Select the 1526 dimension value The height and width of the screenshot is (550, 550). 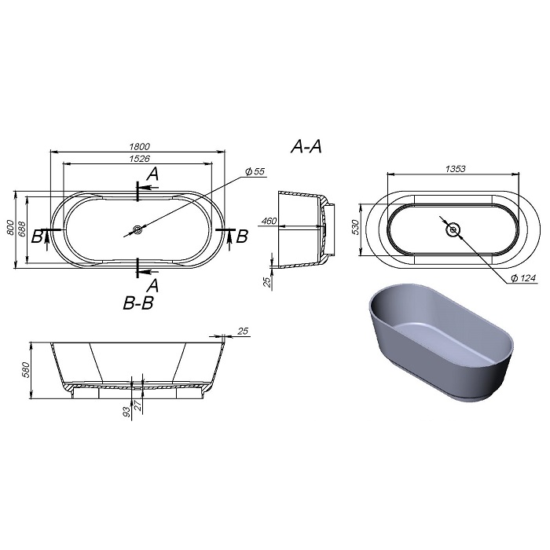140,159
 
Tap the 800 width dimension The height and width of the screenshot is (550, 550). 10,228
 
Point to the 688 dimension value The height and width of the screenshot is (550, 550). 22,229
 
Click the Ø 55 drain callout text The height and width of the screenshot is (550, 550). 255,171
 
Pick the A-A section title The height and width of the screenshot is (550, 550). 306,146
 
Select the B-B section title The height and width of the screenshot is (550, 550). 138,303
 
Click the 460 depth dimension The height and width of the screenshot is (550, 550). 269,221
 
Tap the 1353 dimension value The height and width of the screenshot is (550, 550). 455,169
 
